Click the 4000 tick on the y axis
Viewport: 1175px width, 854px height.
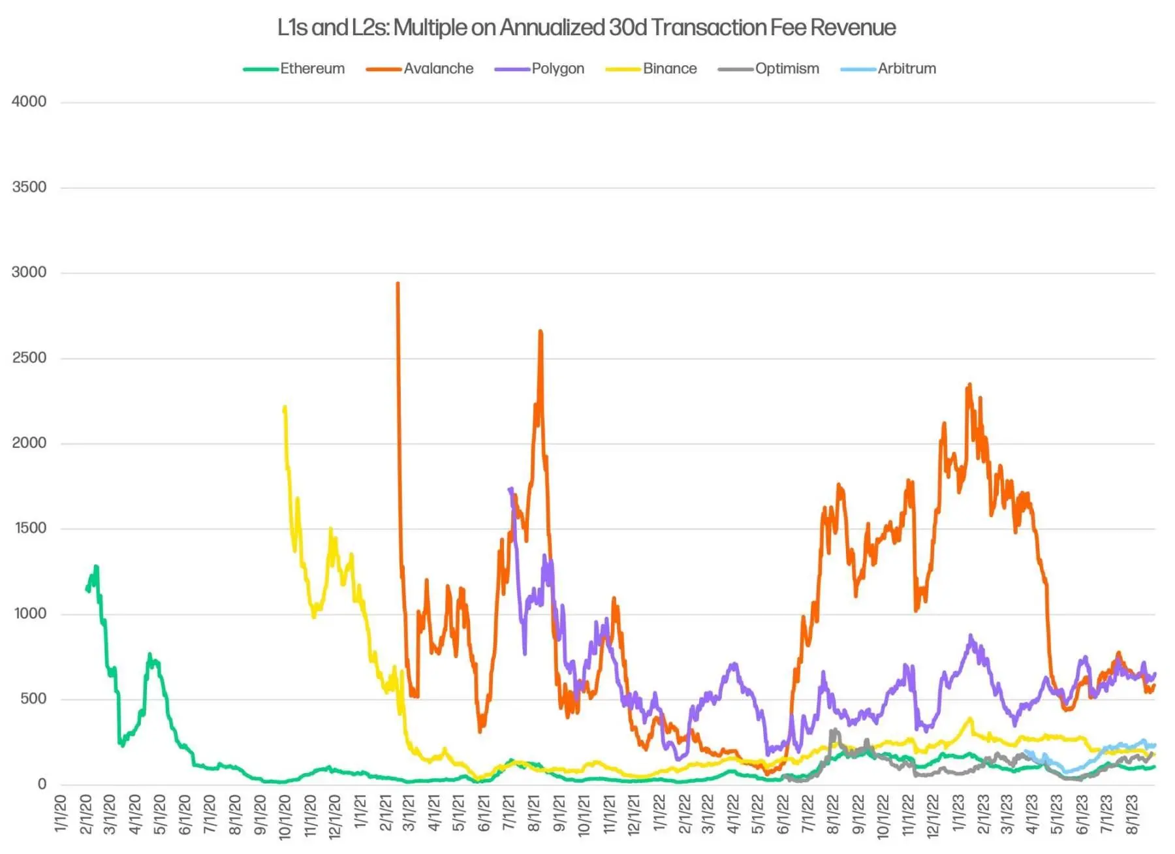(x=29, y=102)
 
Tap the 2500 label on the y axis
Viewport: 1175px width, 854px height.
(x=29, y=358)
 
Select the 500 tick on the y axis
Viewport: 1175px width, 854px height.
(x=33, y=699)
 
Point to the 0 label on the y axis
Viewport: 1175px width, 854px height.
(x=42, y=784)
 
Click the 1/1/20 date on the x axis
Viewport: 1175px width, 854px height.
(x=61, y=814)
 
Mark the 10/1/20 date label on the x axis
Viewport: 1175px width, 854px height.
(x=285, y=816)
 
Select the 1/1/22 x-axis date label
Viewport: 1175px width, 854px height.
(x=659, y=814)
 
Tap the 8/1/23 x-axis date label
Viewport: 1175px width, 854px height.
(x=1133, y=814)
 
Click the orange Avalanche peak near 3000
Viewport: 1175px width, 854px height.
(x=398, y=283)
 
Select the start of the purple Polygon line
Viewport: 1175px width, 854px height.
(x=509, y=488)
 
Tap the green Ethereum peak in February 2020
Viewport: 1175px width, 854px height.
(x=96, y=566)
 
